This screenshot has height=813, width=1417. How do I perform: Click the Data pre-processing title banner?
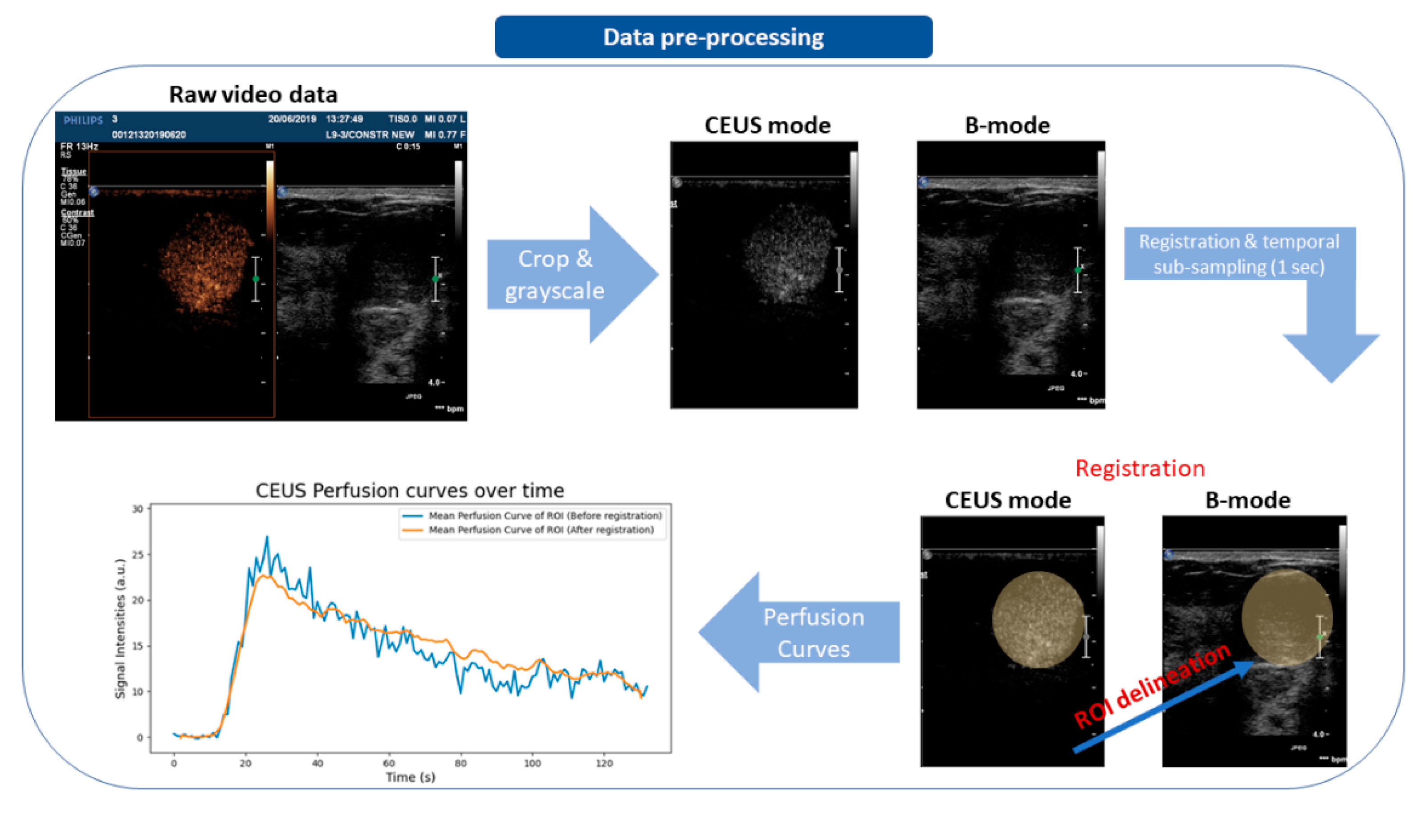click(x=713, y=37)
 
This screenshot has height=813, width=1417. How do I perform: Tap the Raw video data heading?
click(x=253, y=94)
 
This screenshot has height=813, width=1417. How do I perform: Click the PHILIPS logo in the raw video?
click(x=83, y=120)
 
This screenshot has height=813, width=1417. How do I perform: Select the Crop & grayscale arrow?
click(x=558, y=275)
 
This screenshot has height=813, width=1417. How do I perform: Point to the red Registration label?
click(x=1140, y=468)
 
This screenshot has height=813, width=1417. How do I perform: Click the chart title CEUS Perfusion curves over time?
click(x=410, y=490)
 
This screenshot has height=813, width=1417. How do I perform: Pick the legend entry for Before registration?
click(x=544, y=516)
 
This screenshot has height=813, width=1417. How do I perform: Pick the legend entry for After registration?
click(x=541, y=529)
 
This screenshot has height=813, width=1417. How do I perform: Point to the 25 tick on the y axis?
click(x=137, y=554)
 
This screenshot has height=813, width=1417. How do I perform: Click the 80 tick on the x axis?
click(x=460, y=763)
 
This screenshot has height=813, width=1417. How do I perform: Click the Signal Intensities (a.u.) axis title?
click(x=120, y=628)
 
